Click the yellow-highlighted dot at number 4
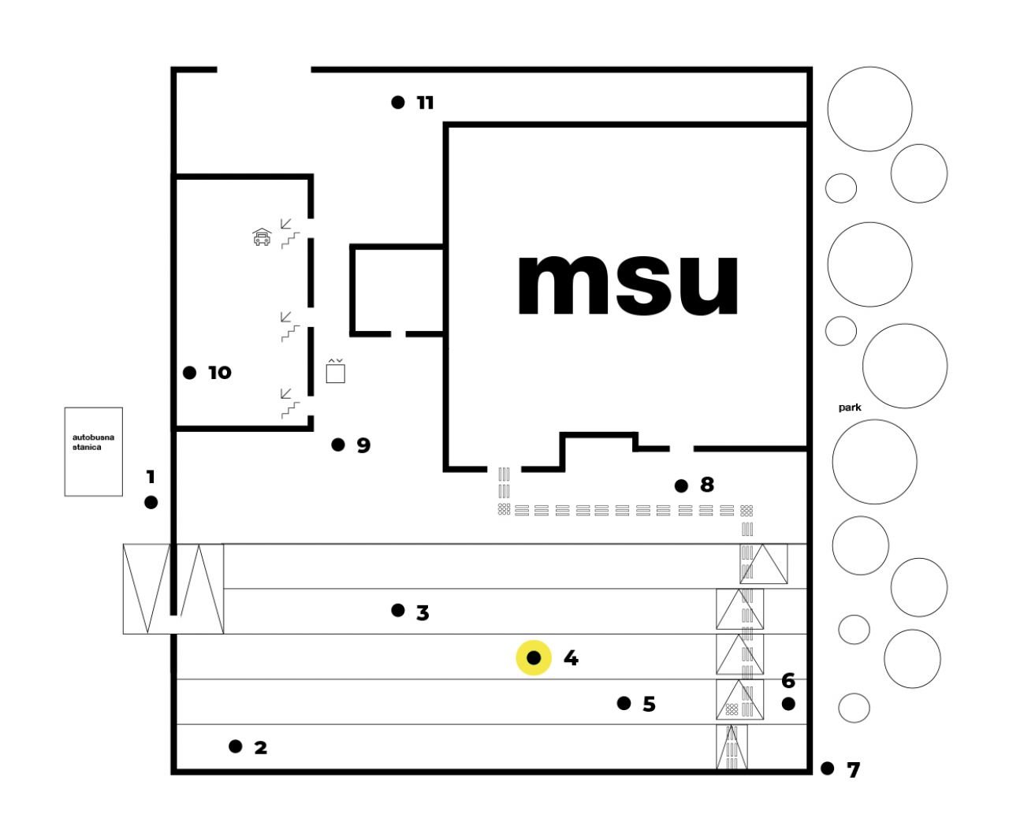tap(534, 658)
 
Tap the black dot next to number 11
tap(398, 102)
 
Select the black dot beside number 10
tap(189, 373)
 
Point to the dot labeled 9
tap(338, 445)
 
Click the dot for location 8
tap(681, 485)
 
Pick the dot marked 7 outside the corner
tap(828, 768)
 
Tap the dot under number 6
tap(788, 704)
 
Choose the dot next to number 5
tap(624, 703)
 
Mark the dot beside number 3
tap(398, 610)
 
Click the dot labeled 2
tap(236, 746)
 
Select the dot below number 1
tap(151, 503)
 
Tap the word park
tap(850, 407)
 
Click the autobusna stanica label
tap(93, 442)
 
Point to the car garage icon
tap(262, 236)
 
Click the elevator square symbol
tap(335, 373)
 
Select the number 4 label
tap(571, 658)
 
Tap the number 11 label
tap(425, 103)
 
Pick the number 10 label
tap(219, 373)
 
